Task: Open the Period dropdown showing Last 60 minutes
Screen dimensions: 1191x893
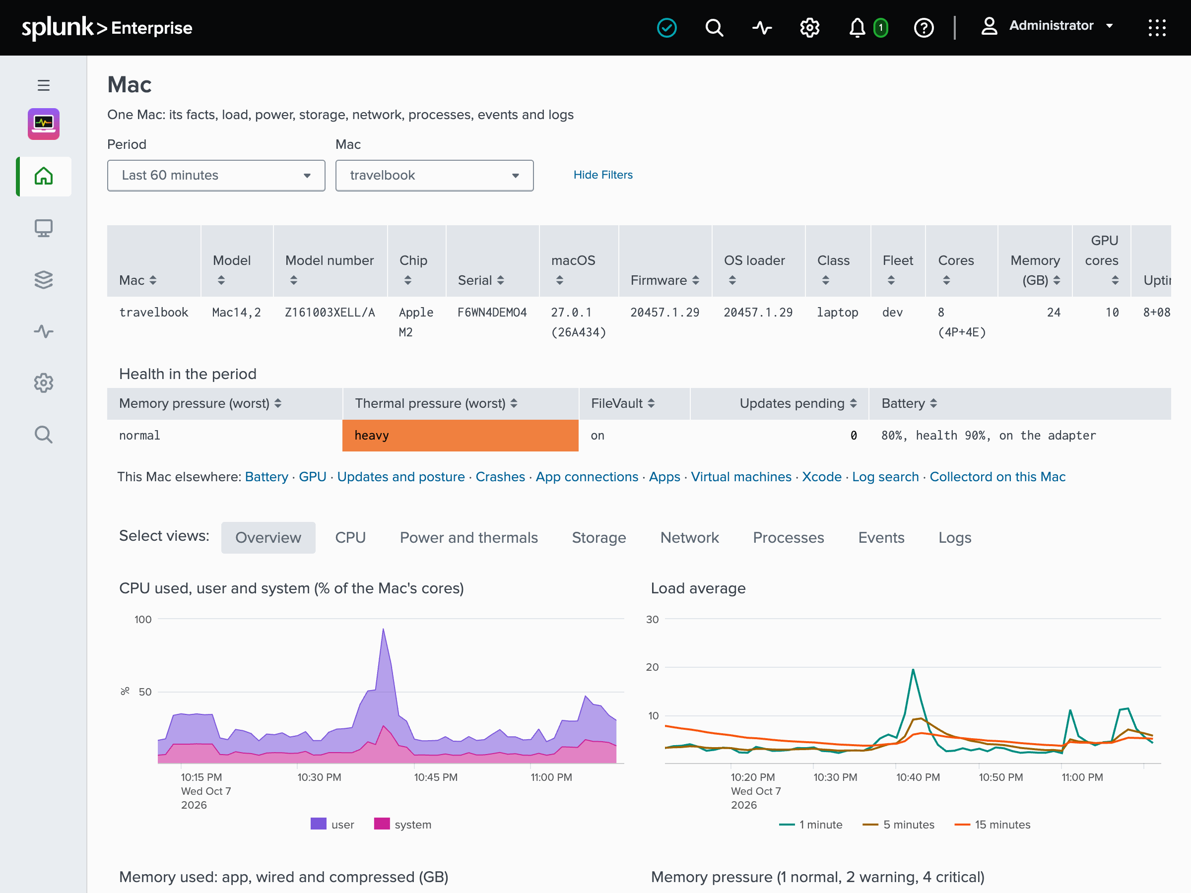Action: coord(216,176)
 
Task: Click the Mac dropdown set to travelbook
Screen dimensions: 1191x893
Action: coord(434,176)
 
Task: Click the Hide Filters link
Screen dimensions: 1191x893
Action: coord(602,175)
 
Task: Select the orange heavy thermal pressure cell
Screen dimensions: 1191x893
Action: coord(461,436)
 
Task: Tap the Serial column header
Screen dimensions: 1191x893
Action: coord(480,280)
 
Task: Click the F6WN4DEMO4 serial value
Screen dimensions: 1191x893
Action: coord(492,312)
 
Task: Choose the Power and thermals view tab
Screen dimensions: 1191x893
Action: coord(468,537)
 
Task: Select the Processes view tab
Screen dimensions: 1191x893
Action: coord(788,537)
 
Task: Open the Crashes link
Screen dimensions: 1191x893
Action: coord(500,477)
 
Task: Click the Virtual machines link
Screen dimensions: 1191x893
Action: coord(741,477)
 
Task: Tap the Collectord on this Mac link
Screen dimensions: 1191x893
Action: coord(997,477)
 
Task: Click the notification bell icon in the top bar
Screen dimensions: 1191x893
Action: coord(857,27)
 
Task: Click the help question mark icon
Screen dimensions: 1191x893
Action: coord(924,27)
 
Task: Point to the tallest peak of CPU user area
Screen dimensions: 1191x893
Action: coord(384,629)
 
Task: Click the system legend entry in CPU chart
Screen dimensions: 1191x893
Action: coord(403,824)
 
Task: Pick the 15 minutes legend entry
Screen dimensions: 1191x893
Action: coord(992,824)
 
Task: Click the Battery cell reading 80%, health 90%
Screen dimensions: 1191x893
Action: coord(988,436)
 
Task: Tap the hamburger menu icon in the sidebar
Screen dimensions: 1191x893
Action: coord(44,85)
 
